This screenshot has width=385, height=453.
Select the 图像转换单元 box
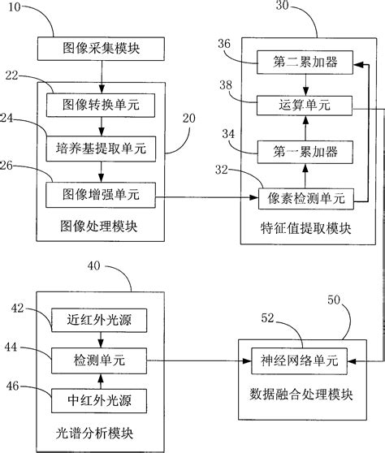click(100, 104)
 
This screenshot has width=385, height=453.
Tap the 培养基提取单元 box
click(100, 149)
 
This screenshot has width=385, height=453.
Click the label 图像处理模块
click(100, 228)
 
